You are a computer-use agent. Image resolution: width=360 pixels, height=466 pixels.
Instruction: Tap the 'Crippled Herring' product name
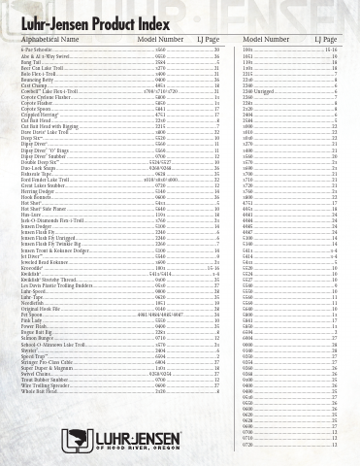40,116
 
